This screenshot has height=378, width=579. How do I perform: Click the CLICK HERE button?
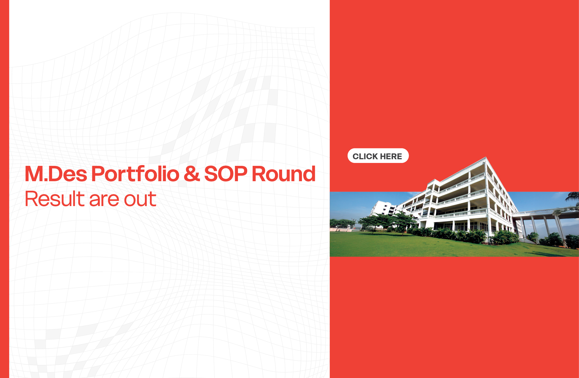click(378, 156)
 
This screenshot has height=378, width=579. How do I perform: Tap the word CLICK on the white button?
click(365, 156)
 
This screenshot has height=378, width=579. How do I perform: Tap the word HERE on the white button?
click(391, 156)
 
